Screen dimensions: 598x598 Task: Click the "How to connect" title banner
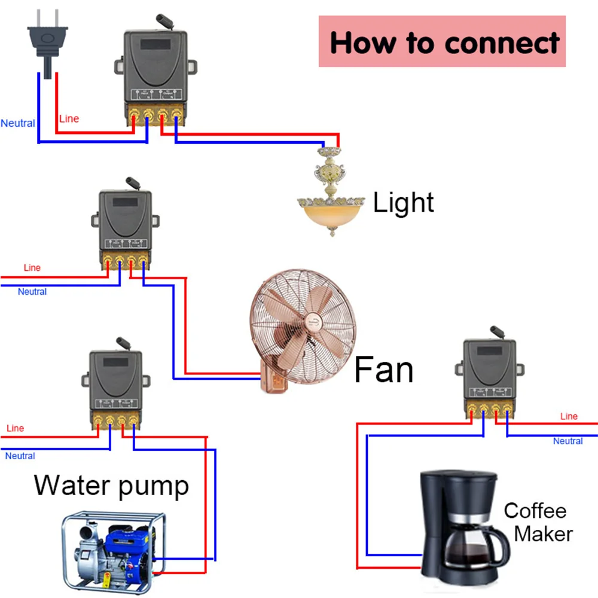[442, 42]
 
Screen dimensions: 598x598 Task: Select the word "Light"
[403, 203]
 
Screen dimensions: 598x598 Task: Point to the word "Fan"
[383, 369]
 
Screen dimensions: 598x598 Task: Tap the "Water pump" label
[111, 484]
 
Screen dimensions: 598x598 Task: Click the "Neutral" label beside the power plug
[18, 124]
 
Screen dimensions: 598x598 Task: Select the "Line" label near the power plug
[69, 119]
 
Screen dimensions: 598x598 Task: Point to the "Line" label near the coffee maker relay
[569, 416]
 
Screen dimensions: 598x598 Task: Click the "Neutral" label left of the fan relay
[32, 292]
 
